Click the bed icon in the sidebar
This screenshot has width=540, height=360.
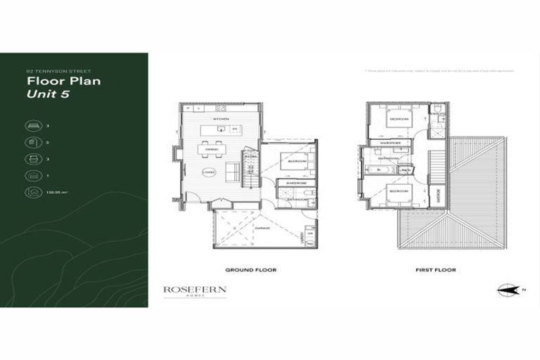pyautogui.click(x=33, y=126)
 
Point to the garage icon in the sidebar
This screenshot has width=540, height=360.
pyautogui.click(x=33, y=176)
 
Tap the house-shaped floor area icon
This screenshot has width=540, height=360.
pyautogui.click(x=33, y=192)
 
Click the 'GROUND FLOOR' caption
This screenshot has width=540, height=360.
pyautogui.click(x=250, y=270)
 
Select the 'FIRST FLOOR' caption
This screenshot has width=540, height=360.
pyautogui.click(x=435, y=270)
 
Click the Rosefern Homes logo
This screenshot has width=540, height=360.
pyautogui.click(x=195, y=291)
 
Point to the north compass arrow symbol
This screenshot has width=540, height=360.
pyautogui.click(x=508, y=290)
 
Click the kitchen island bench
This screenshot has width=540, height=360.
pyautogui.click(x=220, y=130)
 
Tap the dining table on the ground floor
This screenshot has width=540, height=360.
pyautogui.click(x=209, y=149)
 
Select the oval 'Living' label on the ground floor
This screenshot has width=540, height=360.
pyautogui.click(x=208, y=172)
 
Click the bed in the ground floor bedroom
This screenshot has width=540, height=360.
pyautogui.click(x=293, y=161)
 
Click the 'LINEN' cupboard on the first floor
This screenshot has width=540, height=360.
pyautogui.click(x=406, y=169)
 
